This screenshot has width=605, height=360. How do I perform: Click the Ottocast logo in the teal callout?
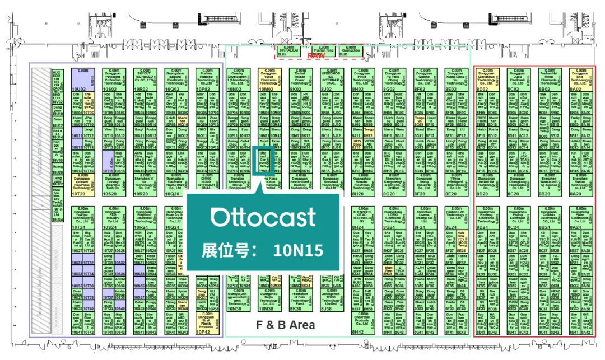[x=263, y=217]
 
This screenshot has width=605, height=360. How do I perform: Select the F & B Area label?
[x=285, y=324]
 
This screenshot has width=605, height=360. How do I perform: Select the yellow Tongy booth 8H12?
[x=369, y=133]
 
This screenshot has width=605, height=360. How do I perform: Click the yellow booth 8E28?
[x=462, y=239]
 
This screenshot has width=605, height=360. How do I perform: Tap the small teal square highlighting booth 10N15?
[x=263, y=160]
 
